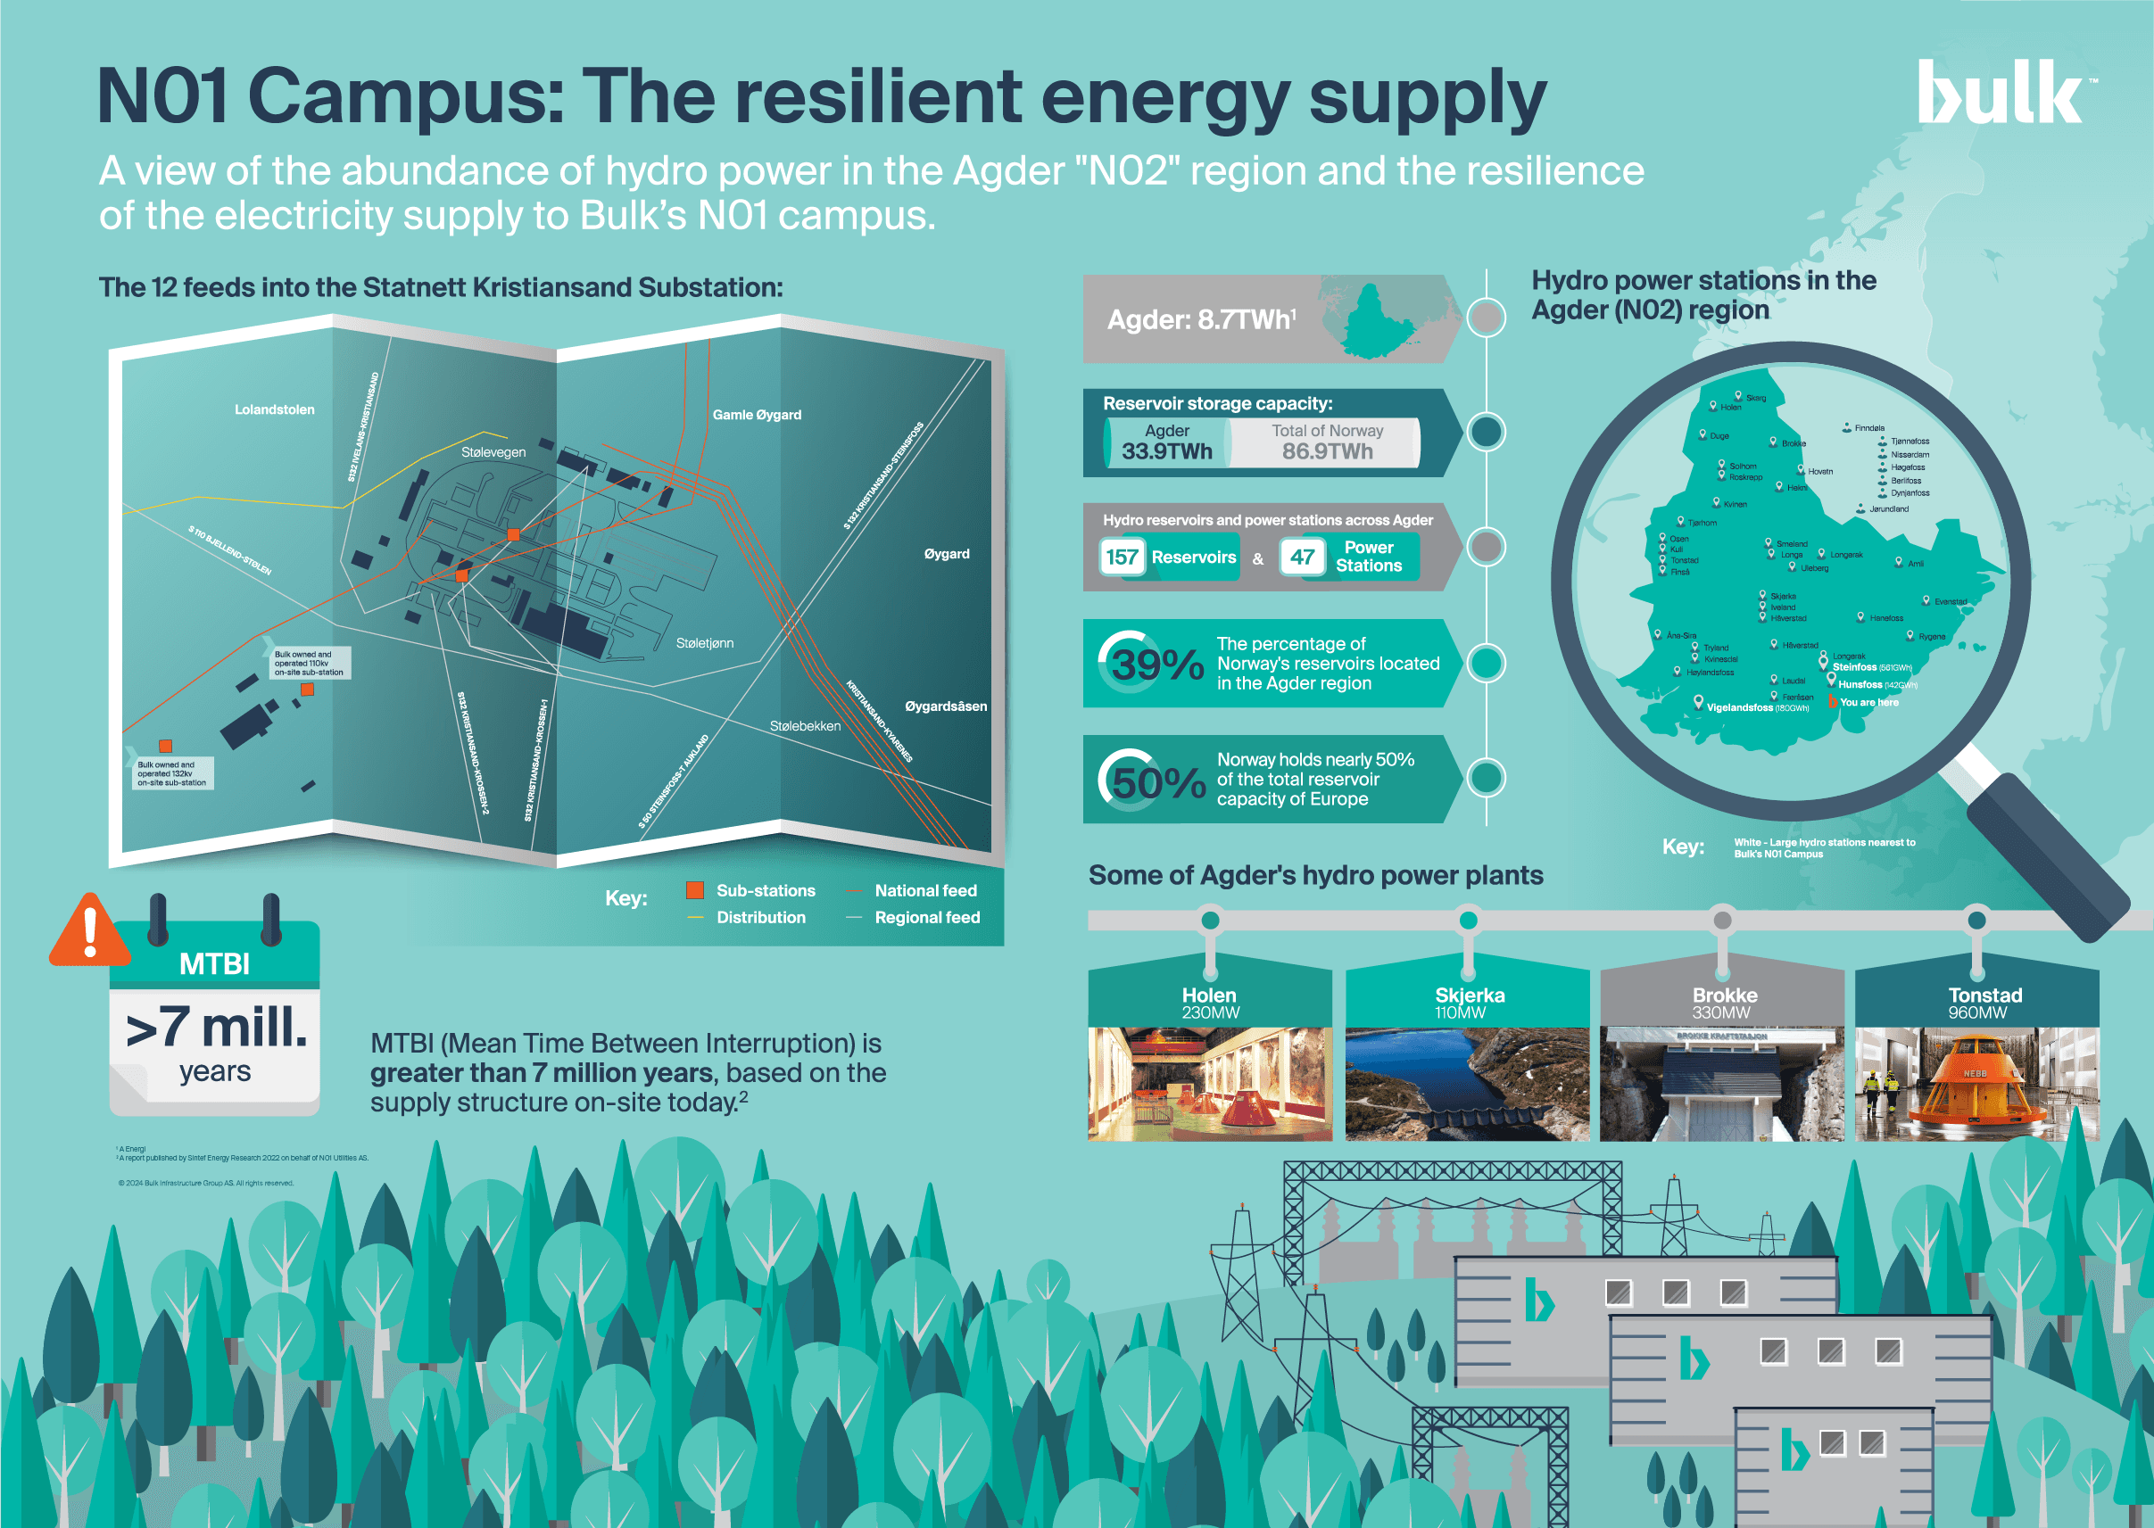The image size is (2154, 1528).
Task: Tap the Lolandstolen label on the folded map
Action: (275, 409)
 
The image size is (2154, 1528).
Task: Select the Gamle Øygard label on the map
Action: (757, 415)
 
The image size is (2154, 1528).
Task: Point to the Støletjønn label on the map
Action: (705, 643)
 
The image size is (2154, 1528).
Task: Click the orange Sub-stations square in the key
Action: (695, 890)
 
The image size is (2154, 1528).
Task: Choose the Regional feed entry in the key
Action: (926, 917)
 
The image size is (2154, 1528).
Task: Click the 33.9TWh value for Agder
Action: (1167, 450)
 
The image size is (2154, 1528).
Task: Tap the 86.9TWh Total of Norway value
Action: (1327, 450)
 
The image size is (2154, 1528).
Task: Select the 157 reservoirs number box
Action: (1122, 557)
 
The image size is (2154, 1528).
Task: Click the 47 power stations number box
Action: (1303, 557)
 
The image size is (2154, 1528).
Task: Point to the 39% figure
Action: (1156, 665)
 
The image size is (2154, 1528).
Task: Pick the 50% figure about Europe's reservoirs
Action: (1157, 781)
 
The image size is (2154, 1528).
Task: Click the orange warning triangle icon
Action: (89, 931)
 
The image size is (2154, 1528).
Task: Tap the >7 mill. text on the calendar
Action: (217, 1028)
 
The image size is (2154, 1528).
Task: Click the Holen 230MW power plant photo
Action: (1209, 1084)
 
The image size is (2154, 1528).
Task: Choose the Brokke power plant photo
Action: (1721, 1084)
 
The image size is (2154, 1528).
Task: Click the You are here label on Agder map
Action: (1868, 703)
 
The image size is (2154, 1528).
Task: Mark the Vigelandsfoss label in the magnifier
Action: (1739, 707)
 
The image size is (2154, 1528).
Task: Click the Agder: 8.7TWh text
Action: (1201, 320)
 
